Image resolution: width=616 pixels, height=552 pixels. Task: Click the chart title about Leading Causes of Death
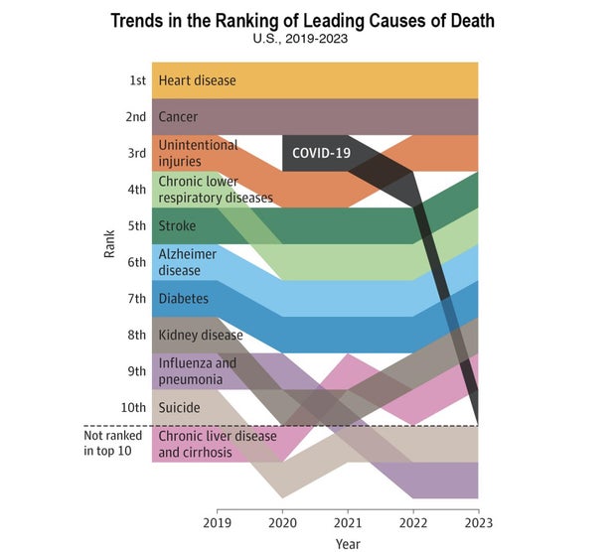coord(302,20)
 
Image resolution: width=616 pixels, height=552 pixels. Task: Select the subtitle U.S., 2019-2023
coord(302,41)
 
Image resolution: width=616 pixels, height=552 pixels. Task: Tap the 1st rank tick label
coord(137,80)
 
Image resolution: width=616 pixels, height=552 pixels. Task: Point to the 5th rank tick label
coord(137,225)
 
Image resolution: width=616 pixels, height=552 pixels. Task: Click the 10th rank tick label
coord(135,407)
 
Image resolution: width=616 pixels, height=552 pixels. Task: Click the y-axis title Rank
coord(110,243)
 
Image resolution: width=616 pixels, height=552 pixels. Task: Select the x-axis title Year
coord(348,543)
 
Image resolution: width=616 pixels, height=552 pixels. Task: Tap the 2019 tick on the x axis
coord(217,522)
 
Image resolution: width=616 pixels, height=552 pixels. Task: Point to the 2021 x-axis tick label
coord(348,522)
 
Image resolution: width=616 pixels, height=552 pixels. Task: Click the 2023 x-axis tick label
coord(478,522)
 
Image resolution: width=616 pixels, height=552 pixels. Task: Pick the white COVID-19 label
coord(321,153)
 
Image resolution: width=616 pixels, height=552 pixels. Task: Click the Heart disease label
coord(197,80)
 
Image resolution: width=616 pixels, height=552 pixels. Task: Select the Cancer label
coord(178,117)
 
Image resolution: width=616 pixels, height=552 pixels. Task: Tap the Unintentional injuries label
coord(198,153)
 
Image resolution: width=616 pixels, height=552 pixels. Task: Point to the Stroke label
coord(177,225)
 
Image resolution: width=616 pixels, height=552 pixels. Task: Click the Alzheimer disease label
coord(187,262)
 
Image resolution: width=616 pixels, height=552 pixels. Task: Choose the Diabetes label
coord(183,298)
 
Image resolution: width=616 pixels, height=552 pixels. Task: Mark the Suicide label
coord(179,407)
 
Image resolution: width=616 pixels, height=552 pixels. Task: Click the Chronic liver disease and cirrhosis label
coord(218,444)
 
